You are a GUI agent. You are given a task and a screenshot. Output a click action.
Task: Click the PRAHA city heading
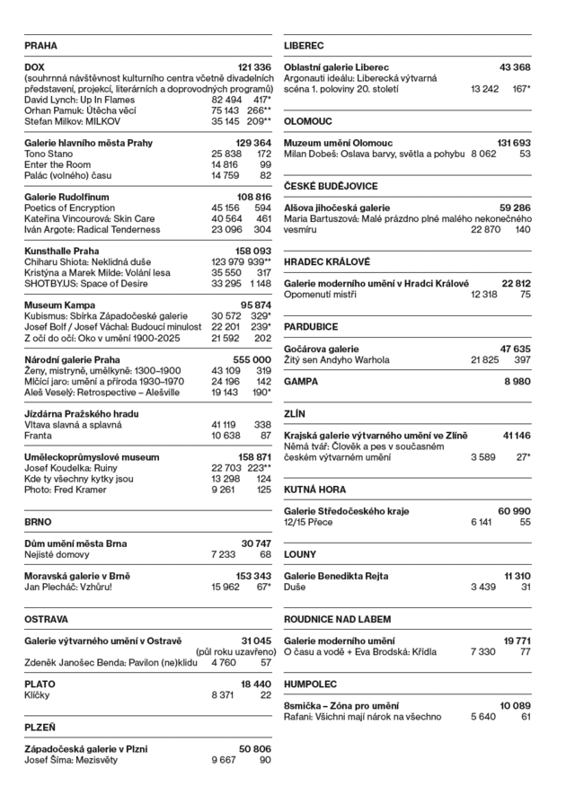pos(40,45)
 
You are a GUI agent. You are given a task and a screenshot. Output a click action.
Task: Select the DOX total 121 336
pos(253,67)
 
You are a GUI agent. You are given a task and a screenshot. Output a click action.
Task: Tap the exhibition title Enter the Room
pos(57,165)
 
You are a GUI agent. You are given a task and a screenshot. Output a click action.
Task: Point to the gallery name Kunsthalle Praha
pos(61,251)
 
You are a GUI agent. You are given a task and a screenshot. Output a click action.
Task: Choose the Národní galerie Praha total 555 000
pos(252,359)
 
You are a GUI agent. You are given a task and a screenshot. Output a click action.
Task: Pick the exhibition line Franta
pos(38,435)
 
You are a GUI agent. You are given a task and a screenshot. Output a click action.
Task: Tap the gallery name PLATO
pos(40,684)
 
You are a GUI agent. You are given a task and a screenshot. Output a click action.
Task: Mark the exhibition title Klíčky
pos(38,694)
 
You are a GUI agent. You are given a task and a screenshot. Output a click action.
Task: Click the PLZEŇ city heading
pos(40,727)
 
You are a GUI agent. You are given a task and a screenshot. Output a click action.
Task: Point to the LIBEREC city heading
pos(304,45)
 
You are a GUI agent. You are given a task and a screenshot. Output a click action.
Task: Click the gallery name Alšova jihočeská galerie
pos(337,208)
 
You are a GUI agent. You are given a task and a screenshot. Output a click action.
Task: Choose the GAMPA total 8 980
pos(517,381)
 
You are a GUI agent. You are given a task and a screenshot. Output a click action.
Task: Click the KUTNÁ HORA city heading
pos(314,490)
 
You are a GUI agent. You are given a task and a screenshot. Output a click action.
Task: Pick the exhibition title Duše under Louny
pos(295,587)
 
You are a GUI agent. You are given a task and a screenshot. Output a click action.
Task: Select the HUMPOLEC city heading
pos(310,684)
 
